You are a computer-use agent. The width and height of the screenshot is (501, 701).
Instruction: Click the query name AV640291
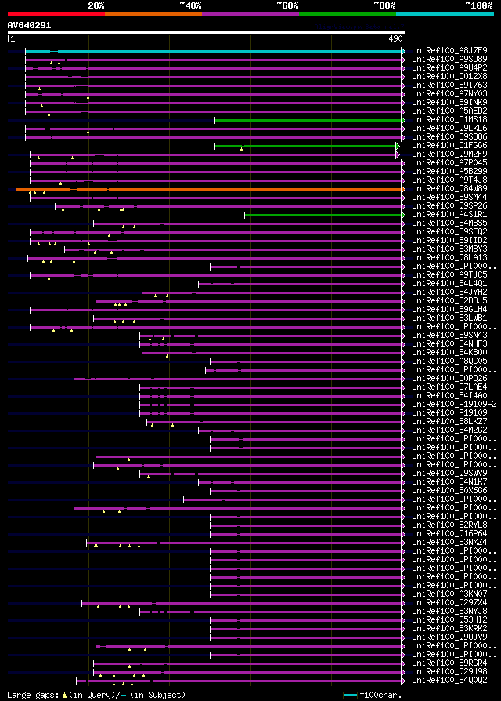[x=30, y=25]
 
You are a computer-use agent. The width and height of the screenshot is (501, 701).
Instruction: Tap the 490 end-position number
[x=395, y=38]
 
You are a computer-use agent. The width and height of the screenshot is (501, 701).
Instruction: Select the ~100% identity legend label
[x=478, y=5]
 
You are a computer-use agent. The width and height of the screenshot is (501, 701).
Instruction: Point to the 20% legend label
[x=96, y=5]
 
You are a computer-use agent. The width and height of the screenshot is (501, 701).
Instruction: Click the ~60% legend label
[x=287, y=5]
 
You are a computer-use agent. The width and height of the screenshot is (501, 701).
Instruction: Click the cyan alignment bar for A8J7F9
[x=227, y=51]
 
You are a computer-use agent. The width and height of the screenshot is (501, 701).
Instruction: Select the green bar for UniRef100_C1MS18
[x=308, y=120]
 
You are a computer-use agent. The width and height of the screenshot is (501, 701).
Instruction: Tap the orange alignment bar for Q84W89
[x=235, y=189]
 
